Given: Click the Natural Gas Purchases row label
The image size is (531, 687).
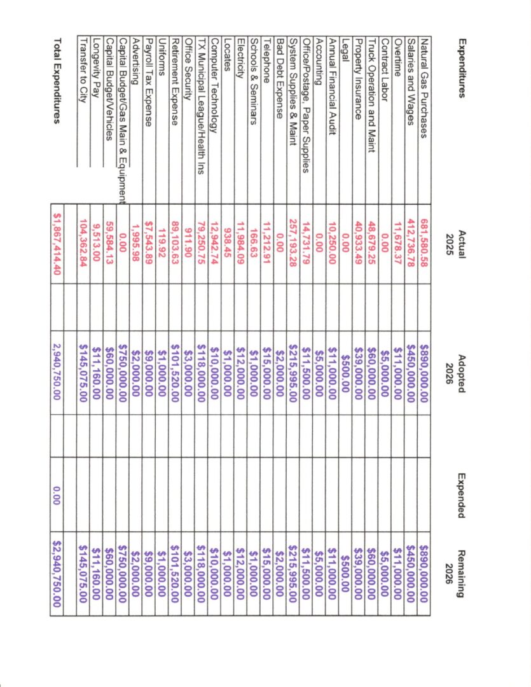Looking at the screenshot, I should click(x=422, y=93).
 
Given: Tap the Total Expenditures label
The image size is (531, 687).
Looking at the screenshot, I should click(x=58, y=80).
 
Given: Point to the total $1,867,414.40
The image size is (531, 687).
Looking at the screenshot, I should click(x=58, y=237).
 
